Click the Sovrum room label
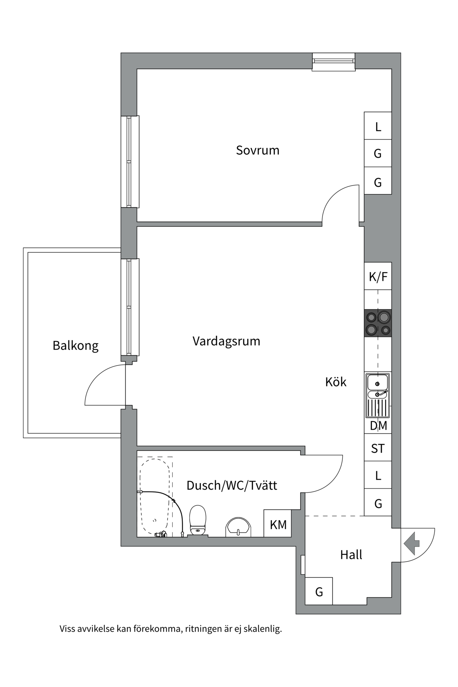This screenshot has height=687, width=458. (257, 150)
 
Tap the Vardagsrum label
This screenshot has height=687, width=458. (226, 341)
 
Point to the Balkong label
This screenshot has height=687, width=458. (75, 346)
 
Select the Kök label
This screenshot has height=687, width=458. (336, 382)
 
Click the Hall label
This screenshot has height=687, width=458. (351, 555)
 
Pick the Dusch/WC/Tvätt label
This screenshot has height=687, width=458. (232, 486)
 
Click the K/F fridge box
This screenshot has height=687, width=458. (378, 276)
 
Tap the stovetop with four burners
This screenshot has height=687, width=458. (378, 323)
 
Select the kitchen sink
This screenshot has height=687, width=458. (377, 395)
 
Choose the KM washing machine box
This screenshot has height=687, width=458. (278, 525)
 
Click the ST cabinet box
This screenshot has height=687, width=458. (378, 448)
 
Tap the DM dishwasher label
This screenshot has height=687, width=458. (378, 426)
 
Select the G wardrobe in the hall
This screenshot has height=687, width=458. (319, 592)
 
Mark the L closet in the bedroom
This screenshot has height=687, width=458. (378, 126)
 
